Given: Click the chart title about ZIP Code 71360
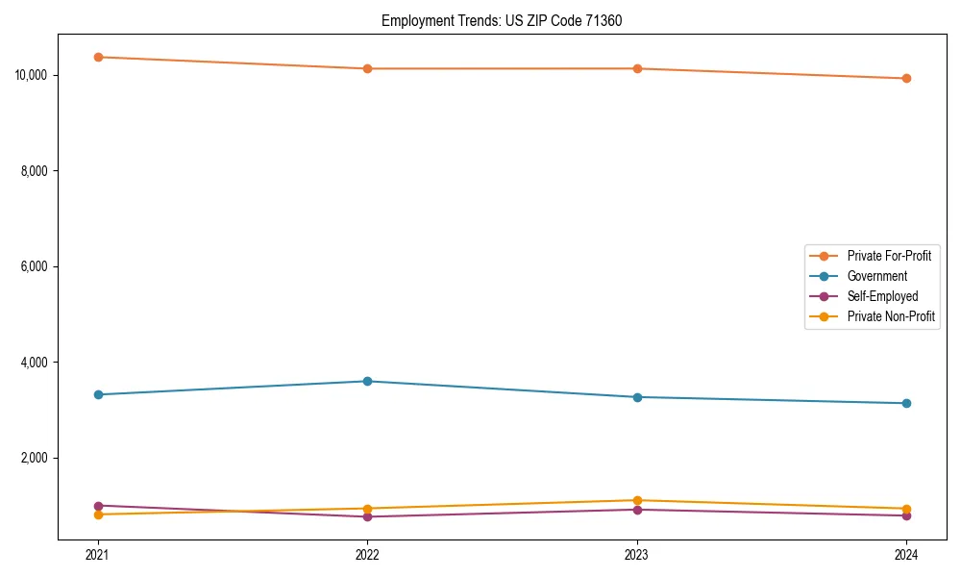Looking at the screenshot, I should coord(502,20).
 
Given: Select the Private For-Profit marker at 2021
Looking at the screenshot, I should coord(98,57).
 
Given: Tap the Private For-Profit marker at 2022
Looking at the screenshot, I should coord(367,68).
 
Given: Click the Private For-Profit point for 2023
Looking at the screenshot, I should coord(637,68).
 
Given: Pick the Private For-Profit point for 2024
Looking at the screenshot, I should coord(906,78).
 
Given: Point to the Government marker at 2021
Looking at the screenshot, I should coord(98,394).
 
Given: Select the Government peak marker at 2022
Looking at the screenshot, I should coord(367,381).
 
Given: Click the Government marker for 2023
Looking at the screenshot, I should coord(637,396).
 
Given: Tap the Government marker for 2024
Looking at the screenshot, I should coord(906,403).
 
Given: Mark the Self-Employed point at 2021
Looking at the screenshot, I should coord(98,505).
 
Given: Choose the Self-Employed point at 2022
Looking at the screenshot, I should coord(367,516).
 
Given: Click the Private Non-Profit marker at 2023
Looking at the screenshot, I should coord(637,500).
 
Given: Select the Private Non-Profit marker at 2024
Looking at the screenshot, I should coord(906,509).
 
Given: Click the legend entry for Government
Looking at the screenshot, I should coord(876,276).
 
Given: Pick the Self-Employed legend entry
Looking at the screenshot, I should coord(882,296).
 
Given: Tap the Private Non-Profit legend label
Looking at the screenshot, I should coord(891,316).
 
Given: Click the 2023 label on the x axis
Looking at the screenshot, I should coord(637,555).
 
